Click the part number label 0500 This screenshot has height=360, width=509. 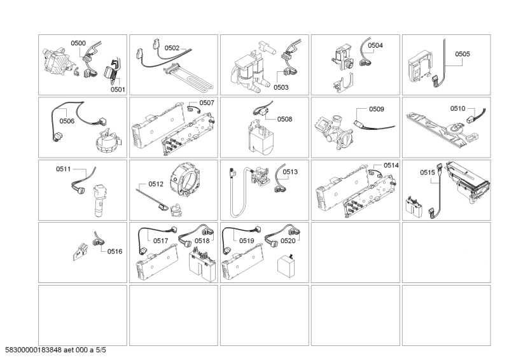coord(78,43)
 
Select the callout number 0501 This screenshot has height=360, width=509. coord(118,90)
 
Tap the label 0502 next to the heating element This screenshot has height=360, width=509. coord(172,48)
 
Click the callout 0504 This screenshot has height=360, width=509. coord(375,46)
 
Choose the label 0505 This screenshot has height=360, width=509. coord(463,54)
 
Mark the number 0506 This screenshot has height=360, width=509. coord(67,120)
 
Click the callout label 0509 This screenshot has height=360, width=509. coord(377,109)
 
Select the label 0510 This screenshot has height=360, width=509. coord(458,109)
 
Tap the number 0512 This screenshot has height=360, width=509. coord(156,184)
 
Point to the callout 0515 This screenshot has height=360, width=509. coord(428,172)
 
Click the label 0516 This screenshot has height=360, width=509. coord(115,252)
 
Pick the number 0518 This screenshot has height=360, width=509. coord(202,241)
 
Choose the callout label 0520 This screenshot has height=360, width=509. coord(288,241)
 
